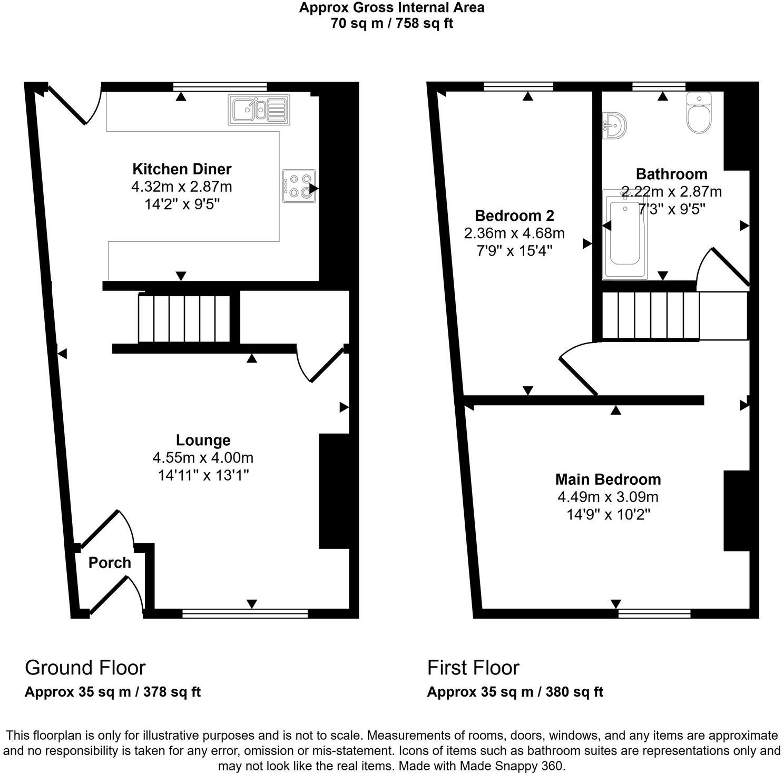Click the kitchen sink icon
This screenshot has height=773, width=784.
click(x=259, y=110)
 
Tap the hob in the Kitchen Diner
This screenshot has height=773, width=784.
click(x=299, y=186)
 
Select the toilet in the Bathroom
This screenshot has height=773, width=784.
click(x=699, y=113)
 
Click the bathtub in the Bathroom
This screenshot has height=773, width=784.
click(x=625, y=234)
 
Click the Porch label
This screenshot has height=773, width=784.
click(x=110, y=563)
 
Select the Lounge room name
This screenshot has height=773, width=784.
click(x=203, y=440)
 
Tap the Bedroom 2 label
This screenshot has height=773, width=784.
click(x=514, y=216)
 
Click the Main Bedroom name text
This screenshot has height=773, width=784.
click(x=608, y=480)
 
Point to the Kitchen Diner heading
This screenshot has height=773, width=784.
click(x=182, y=169)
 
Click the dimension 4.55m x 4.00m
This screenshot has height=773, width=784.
click(x=203, y=457)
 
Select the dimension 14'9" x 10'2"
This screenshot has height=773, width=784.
click(x=608, y=514)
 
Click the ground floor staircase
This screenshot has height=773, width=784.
click(x=184, y=319)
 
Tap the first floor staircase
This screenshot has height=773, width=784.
click(x=651, y=316)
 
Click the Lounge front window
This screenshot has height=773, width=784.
click(x=245, y=613)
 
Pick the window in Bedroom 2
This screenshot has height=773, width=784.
click(x=518, y=86)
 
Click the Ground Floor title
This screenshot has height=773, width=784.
click(x=85, y=668)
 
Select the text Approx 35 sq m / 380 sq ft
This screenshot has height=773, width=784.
click(x=515, y=692)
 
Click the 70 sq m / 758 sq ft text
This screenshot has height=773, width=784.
click(x=391, y=23)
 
